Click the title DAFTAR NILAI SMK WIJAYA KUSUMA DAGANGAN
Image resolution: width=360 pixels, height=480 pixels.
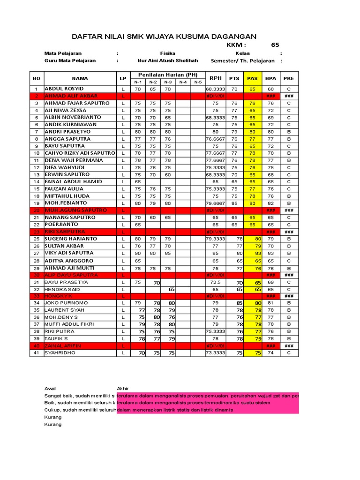pos(164,37)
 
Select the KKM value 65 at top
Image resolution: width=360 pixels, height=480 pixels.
pos(275,45)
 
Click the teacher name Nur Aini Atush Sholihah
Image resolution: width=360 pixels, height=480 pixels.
pos(167,60)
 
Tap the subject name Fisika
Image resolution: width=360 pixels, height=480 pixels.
pos(167,53)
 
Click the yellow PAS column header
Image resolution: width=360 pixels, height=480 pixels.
pos(252,78)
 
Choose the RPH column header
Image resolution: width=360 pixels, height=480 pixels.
pos(215,78)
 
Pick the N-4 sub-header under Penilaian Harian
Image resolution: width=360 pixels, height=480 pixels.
pos(183,82)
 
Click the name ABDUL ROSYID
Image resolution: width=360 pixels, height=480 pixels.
pos(64,89)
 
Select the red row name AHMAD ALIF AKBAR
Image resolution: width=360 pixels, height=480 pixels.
pos(71,96)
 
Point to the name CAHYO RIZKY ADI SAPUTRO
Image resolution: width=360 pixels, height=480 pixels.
pos(80,153)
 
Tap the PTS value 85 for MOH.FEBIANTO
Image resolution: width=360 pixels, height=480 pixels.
pos(234,203)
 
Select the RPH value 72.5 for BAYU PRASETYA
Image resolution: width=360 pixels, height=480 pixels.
pos(215,283)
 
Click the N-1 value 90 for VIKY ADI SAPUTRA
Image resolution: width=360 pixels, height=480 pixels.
pos(138,253)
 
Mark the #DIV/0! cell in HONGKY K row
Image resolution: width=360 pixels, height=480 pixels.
pos(215,296)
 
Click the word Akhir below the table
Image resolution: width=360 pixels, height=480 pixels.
pos(123,389)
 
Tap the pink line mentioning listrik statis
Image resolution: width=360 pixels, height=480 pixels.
pos(175,410)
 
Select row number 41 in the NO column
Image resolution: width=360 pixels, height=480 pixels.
pos(36,353)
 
